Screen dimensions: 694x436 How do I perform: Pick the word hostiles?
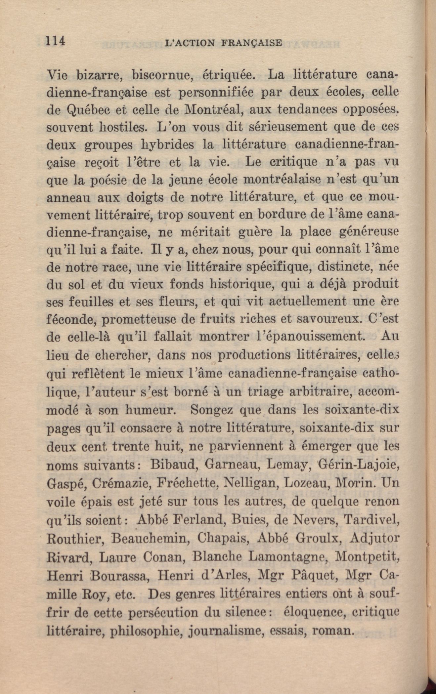pos(123,127)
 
